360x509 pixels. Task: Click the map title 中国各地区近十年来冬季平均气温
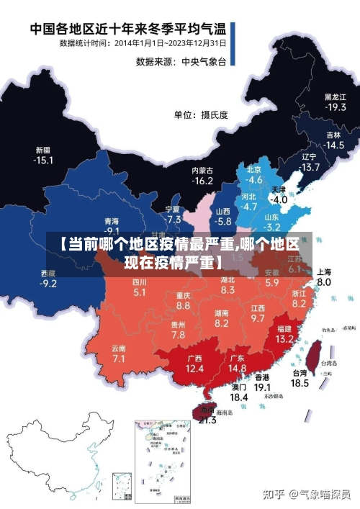(x=128, y=30)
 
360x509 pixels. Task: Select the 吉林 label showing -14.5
(x=333, y=140)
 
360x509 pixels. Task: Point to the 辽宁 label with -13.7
(x=310, y=162)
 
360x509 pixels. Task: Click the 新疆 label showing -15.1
(x=44, y=155)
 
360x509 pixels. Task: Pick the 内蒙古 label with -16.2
(x=202, y=176)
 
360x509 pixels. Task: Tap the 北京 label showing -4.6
(x=254, y=174)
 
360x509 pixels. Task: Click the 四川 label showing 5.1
(x=140, y=287)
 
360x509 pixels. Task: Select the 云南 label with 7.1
(x=119, y=353)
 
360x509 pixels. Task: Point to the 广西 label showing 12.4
(x=194, y=363)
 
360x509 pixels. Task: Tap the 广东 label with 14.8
(x=237, y=363)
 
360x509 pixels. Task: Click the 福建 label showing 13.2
(x=284, y=333)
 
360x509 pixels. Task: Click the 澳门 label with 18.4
(x=238, y=392)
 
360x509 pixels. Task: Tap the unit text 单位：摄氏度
(x=200, y=114)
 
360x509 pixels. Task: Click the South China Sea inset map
(x=162, y=459)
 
